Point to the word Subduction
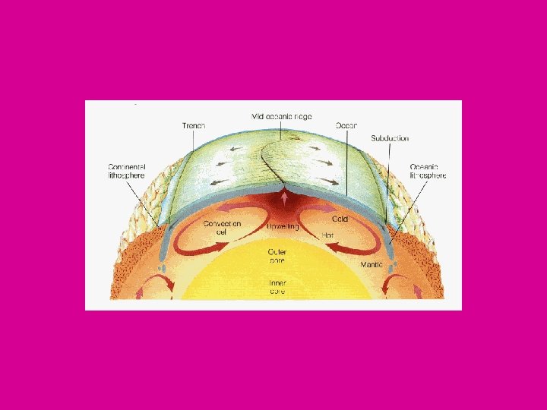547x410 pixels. point(390,138)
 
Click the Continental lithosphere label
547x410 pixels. point(125,171)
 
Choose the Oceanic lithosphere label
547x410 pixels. point(428,171)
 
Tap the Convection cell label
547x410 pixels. point(222,228)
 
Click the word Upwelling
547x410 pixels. point(283,226)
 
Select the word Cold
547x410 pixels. point(339,219)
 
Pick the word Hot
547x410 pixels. point(327,235)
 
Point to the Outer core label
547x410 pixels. point(277,254)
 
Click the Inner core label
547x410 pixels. point(277,286)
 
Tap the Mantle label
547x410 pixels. point(372,265)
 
